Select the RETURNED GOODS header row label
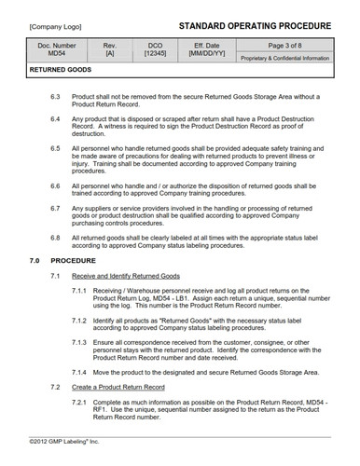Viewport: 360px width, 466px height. tap(61, 70)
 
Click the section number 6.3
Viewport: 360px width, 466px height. tap(55, 97)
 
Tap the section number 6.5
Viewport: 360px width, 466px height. tap(55, 148)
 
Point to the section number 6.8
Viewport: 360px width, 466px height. tap(55, 240)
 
